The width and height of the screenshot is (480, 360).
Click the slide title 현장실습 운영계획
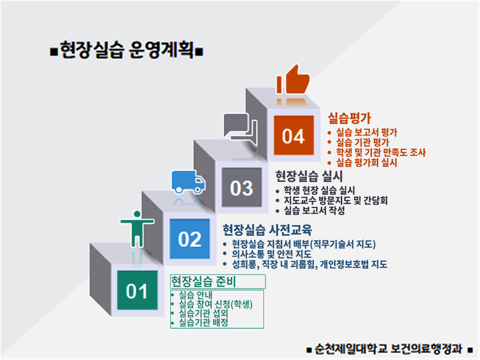[127, 50]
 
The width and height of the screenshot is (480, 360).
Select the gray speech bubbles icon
[240, 126]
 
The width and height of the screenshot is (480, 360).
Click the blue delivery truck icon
[188, 181]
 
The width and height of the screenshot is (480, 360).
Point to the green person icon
[137, 228]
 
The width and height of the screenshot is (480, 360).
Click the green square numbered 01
[137, 290]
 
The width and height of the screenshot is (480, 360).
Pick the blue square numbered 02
[190, 239]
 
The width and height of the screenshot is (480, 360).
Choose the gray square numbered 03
[241, 188]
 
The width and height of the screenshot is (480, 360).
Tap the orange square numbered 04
[294, 136]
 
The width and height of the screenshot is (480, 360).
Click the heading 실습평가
[349, 118]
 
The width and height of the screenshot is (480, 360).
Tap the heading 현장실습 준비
[205, 281]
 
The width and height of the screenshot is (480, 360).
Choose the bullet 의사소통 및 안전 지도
[272, 254]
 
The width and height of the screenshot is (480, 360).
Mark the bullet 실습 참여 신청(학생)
[215, 304]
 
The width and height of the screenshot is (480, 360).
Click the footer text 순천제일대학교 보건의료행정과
[389, 348]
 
